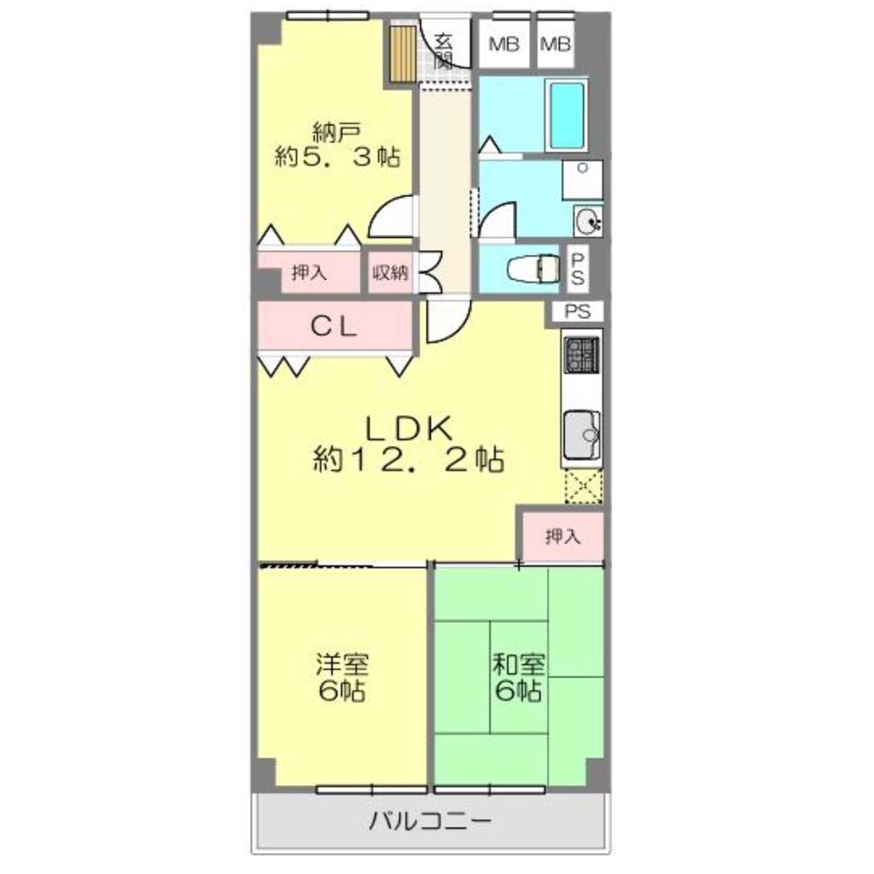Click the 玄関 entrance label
click(444, 51)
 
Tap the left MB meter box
click(504, 44)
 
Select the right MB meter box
click(556, 44)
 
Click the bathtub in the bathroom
click(567, 114)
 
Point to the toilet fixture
click(533, 269)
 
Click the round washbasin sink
click(587, 221)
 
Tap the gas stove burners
click(581, 355)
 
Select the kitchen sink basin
click(582, 434)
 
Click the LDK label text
click(408, 429)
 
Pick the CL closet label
click(334, 327)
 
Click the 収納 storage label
click(391, 272)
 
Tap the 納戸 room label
click(336, 132)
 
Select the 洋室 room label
click(342, 664)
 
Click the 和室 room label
click(518, 664)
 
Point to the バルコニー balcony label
click(431, 821)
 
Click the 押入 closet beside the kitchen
click(562, 537)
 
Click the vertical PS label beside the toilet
click(578, 269)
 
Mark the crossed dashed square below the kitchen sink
click(584, 486)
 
